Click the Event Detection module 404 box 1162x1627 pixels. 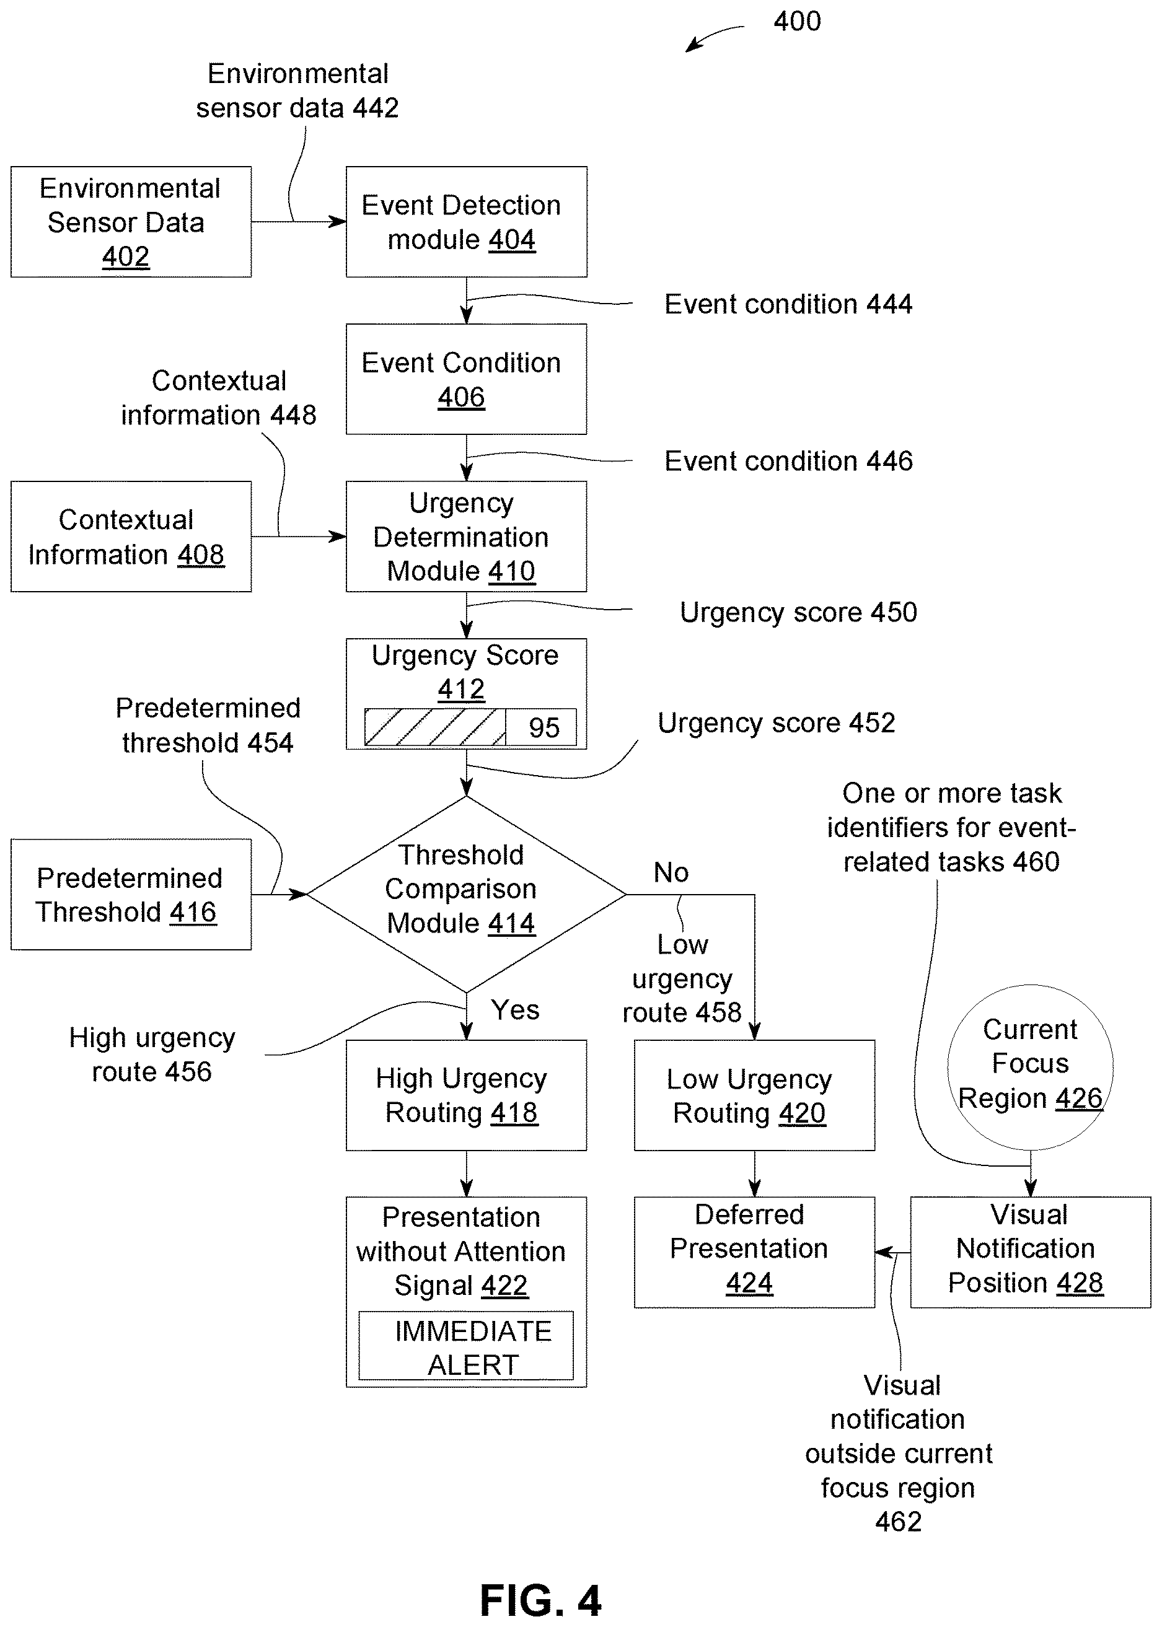[467, 222]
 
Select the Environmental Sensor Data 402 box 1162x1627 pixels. [131, 222]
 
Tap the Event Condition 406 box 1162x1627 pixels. [467, 379]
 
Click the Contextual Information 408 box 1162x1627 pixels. [131, 537]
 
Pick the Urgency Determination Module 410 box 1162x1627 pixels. [467, 537]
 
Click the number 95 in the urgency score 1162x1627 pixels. [544, 728]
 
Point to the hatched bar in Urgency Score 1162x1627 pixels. [435, 727]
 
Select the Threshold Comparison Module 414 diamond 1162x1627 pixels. [467, 894]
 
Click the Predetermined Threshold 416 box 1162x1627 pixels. [131, 895]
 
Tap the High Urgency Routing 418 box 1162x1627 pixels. [467, 1095]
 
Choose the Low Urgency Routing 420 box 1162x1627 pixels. [754, 1095]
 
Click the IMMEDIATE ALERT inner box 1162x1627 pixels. [466, 1345]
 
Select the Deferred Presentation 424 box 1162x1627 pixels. [754, 1252]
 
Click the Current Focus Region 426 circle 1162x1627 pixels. [1031, 1067]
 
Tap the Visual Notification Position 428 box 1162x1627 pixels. [1031, 1252]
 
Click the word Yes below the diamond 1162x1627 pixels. [515, 1010]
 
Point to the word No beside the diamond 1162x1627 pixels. [671, 872]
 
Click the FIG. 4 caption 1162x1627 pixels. [541, 1600]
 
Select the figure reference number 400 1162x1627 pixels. [797, 22]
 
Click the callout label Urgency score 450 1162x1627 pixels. [798, 612]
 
